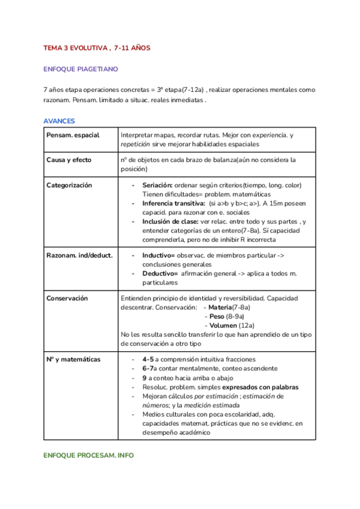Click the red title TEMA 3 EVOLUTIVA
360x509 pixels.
(x=97, y=47)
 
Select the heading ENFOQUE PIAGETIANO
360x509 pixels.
(x=80, y=69)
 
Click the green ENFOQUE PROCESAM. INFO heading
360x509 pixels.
(x=88, y=456)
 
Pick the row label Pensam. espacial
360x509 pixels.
(x=73, y=136)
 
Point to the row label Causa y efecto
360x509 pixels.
(x=69, y=160)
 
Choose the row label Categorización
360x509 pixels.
(x=69, y=185)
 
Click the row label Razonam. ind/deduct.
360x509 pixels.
(x=79, y=255)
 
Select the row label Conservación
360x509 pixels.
(x=67, y=298)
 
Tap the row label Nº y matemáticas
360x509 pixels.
(x=73, y=360)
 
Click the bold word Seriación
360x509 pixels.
(x=158, y=185)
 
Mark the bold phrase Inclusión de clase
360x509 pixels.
(x=170, y=221)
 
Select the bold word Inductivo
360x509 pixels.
(x=158, y=255)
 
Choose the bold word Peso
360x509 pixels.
(x=217, y=316)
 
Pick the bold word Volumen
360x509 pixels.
(x=223, y=325)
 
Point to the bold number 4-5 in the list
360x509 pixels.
(x=148, y=360)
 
